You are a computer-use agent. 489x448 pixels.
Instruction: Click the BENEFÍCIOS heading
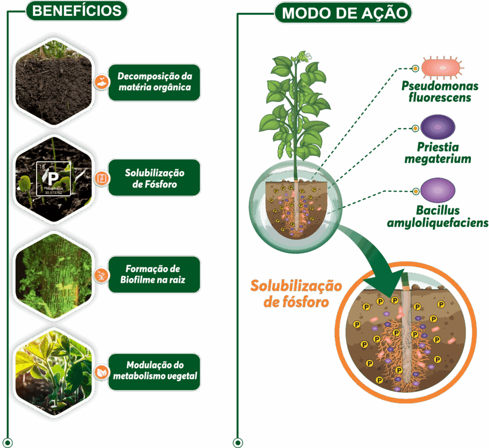76,11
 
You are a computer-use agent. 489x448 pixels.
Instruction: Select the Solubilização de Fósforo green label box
154,178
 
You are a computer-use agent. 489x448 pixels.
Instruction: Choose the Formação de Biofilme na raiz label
154,275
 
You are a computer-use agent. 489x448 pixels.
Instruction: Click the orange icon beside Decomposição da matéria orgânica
101,82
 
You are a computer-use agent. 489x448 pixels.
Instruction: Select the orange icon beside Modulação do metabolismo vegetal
101,372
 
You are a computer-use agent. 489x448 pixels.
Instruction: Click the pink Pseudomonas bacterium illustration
442,67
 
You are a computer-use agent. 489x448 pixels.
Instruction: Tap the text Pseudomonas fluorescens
440,92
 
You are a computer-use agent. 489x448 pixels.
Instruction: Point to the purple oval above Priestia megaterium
437,127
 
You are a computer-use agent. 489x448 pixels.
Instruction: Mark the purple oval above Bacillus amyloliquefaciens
437,190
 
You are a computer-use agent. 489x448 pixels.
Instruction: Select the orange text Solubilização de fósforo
296,294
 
